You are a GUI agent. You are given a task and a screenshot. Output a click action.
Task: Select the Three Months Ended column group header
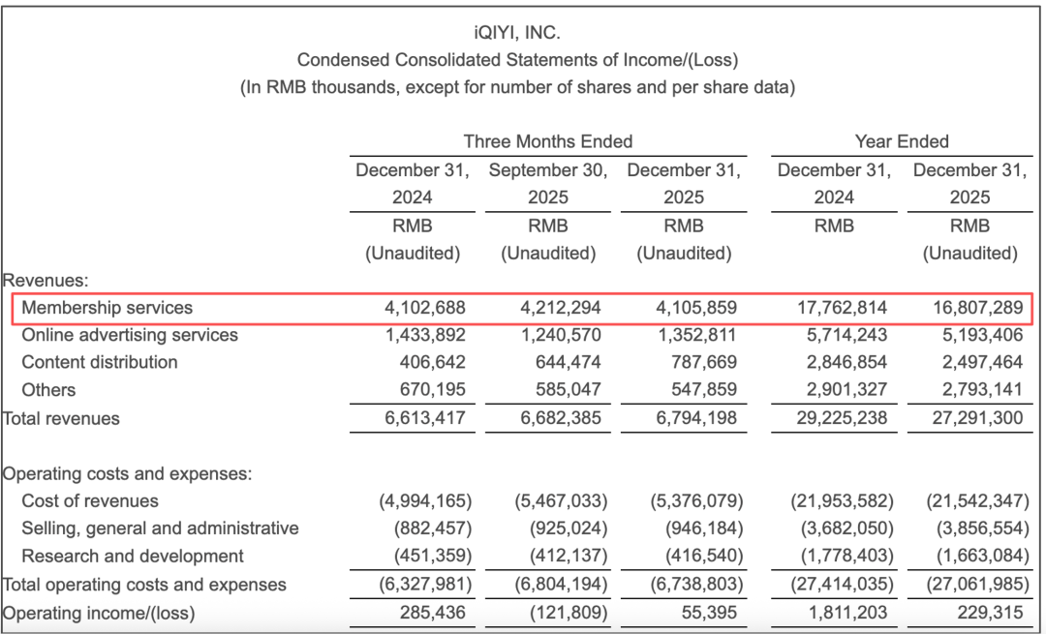[x=548, y=141]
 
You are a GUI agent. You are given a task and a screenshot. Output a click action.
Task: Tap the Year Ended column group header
[x=902, y=141]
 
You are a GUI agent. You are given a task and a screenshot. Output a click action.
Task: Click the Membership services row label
[x=108, y=308]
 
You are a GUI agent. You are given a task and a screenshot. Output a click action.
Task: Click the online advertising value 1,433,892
[x=423, y=335]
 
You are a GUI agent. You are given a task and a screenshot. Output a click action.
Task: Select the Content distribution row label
[x=100, y=362]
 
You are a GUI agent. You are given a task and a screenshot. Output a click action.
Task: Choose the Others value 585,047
[x=566, y=390]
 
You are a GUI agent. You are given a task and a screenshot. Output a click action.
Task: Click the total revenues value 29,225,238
[x=834, y=418]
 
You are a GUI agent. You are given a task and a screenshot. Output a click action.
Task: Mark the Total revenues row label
[x=62, y=418]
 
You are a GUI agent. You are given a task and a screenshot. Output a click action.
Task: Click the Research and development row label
[x=133, y=557]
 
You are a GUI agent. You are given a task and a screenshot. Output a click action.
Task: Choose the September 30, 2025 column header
[x=548, y=184]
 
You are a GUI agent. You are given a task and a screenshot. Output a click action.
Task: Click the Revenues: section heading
[x=46, y=280]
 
